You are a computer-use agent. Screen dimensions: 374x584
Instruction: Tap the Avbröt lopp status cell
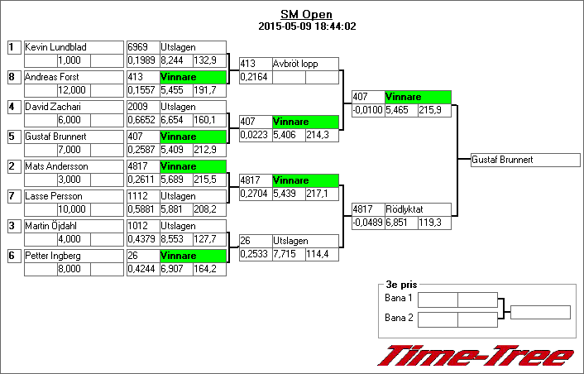(305, 64)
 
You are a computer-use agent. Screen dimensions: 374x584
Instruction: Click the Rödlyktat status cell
(418, 209)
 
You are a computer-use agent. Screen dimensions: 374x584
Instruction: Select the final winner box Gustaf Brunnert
(525, 160)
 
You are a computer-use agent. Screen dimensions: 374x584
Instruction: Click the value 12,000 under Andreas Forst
(73, 89)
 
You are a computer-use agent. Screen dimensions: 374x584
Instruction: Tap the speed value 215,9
(433, 109)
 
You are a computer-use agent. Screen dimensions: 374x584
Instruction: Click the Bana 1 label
(399, 298)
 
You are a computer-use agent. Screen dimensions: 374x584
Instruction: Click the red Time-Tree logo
(476, 356)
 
